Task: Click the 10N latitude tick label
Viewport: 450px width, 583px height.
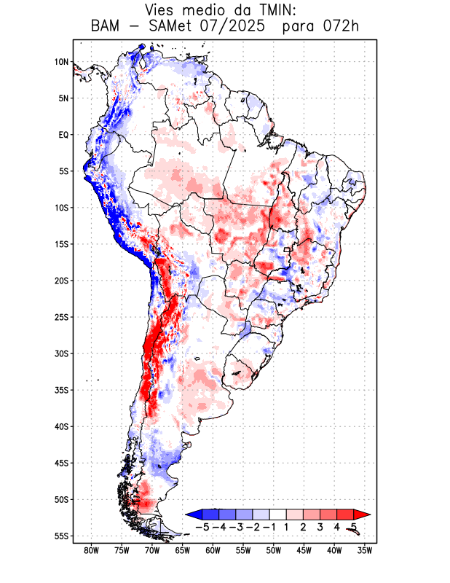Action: click(61, 62)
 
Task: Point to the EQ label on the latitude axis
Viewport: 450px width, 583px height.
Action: click(63, 135)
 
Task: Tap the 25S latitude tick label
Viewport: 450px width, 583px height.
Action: click(61, 317)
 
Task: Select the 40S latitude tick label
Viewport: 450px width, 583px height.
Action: click(61, 426)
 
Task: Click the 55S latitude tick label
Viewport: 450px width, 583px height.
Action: click(61, 536)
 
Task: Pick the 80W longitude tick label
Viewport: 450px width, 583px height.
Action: click(91, 550)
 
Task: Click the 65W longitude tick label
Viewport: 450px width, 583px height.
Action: click(182, 550)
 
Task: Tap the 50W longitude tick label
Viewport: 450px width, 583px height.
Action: click(273, 550)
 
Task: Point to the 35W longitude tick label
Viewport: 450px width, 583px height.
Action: click(364, 550)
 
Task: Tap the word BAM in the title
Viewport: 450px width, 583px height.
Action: click(106, 27)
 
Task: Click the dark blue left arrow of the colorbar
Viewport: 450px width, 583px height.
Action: click(193, 514)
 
